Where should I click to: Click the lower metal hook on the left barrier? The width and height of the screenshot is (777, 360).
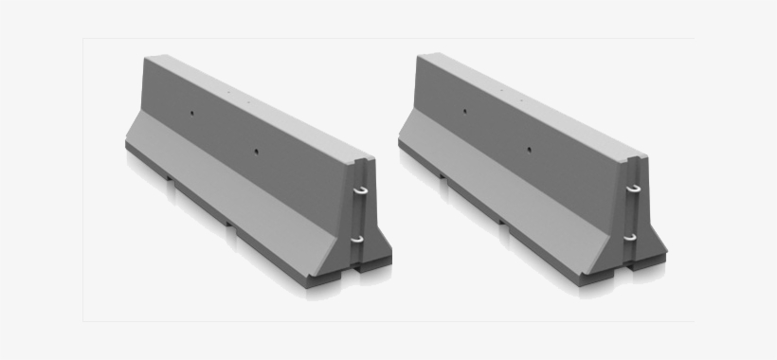point(356,239)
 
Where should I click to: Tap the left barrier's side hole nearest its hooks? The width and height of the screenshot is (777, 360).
point(256,150)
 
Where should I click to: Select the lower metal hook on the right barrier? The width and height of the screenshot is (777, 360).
point(630,235)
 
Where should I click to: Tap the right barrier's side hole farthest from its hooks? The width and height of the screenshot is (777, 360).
point(464,111)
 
